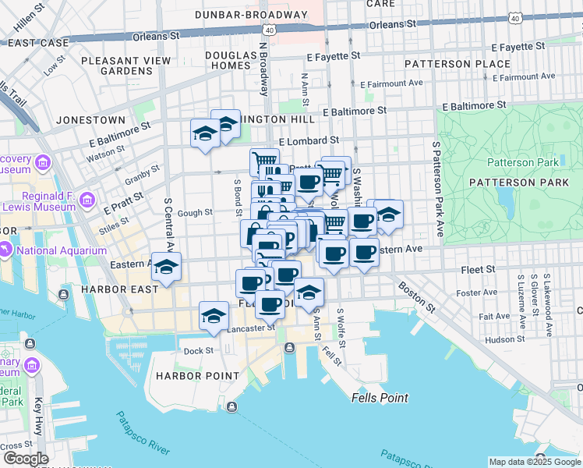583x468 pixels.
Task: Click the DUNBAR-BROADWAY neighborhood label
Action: [x=251, y=14]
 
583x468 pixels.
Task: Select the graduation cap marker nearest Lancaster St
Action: [x=214, y=315]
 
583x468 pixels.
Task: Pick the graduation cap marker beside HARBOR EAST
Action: [x=166, y=267]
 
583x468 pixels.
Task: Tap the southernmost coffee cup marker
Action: [x=270, y=303]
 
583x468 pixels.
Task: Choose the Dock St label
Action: [x=199, y=351]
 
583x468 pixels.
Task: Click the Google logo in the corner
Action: [x=25, y=458]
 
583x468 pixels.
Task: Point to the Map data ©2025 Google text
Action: [x=535, y=462]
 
